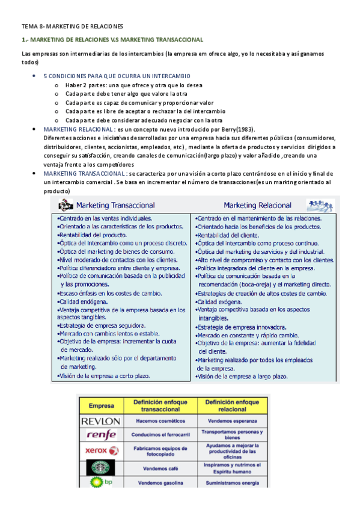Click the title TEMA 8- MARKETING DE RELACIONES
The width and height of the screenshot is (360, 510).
pos(72,26)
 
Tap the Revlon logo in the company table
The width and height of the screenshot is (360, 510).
pos(101,420)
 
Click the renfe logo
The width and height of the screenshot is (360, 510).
pos(101,435)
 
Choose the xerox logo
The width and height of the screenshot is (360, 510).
pos(101,450)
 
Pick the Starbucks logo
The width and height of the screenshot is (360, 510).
pos(101,467)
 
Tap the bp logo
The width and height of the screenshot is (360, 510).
pos(101,482)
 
